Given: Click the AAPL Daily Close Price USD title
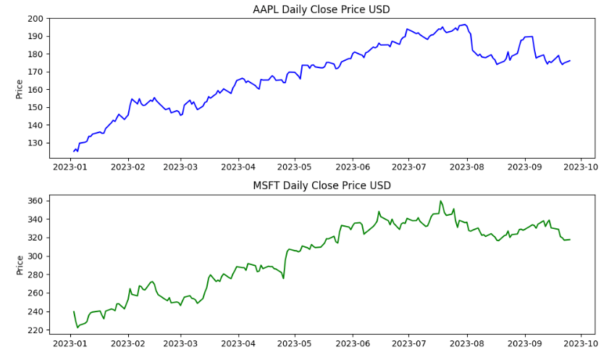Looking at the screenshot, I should tap(322, 9).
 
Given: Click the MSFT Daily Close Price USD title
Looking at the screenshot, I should tap(322, 185).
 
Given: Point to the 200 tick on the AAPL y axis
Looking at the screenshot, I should tap(36, 19).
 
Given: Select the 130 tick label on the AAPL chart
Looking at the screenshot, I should tap(36, 143).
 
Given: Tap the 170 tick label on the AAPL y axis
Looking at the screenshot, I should tap(36, 72).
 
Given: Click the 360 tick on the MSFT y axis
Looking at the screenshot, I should tap(36, 201).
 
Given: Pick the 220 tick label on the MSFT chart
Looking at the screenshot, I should tap(36, 330).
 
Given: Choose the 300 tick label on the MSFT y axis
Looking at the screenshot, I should tap(36, 256).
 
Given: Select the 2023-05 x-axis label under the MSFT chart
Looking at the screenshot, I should tap(295, 344).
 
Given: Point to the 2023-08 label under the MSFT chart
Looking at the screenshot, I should tap(467, 344).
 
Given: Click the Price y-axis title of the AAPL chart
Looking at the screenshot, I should tap(20, 88).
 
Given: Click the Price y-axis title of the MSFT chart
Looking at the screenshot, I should tap(20, 264).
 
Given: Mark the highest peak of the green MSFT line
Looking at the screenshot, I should tap(440, 201).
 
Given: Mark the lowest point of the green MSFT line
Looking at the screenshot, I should tap(77, 327).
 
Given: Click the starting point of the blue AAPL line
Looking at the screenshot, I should tap(74, 151).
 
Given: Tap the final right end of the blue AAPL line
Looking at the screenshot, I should tap(570, 61).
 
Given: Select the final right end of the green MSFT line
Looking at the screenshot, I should tap(570, 240).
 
